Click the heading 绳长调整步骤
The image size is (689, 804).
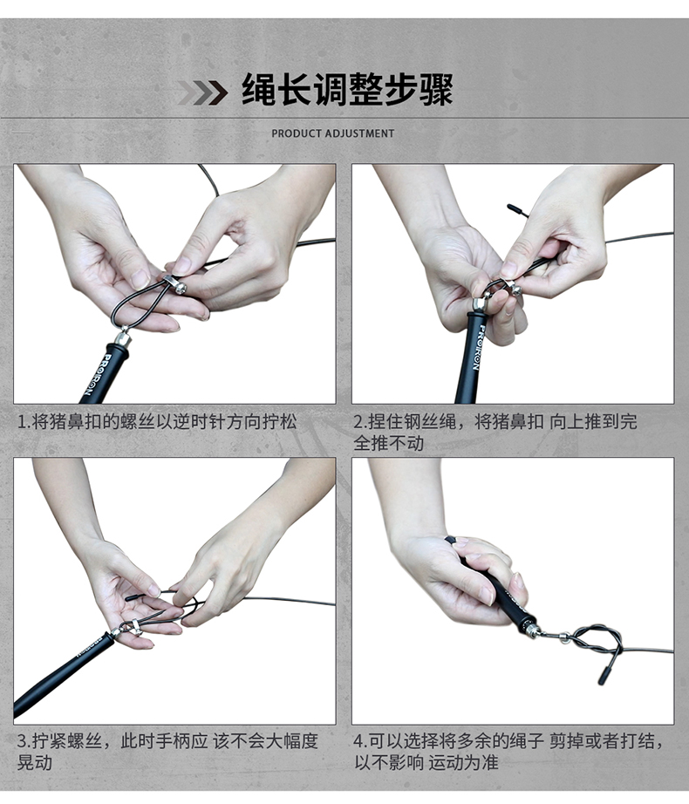coord(348,90)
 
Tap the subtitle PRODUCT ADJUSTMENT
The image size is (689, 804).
coord(333,133)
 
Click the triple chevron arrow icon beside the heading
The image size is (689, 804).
coord(203,92)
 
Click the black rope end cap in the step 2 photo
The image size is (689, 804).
coord(518,211)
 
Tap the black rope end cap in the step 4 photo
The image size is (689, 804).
coord(604,675)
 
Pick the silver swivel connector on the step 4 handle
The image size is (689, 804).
coord(534,630)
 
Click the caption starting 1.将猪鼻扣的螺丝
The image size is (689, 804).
coord(157,422)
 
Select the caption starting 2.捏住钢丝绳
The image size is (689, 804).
coord(495,432)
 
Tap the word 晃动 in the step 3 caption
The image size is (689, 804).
coord(35,762)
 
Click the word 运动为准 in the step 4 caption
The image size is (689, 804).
coord(463,762)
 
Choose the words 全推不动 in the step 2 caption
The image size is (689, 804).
coord(388,442)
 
